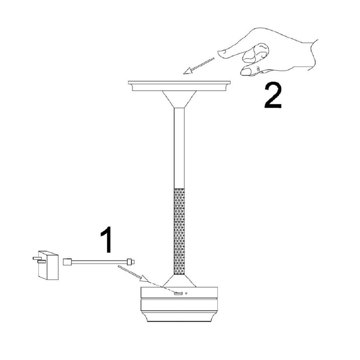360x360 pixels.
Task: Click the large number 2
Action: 273,96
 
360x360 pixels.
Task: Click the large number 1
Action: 107,239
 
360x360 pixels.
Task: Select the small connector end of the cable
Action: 130,262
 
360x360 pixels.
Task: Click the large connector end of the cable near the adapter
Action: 68,262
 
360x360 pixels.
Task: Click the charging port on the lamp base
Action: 178,293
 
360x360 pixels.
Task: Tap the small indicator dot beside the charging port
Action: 186,293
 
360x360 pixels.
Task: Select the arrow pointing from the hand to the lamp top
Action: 199,66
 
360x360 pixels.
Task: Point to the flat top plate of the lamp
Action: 179,82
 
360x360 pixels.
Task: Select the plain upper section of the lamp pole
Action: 179,148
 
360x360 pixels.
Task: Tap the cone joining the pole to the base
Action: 179,281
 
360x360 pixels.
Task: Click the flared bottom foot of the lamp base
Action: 179,316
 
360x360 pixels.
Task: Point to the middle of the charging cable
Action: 99,262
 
